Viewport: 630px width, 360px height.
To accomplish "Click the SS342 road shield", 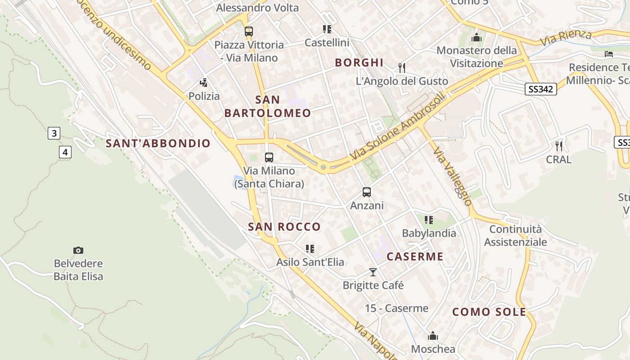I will (540, 89).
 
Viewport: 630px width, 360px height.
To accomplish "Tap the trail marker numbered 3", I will (54, 133).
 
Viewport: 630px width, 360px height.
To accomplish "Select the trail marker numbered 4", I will (65, 152).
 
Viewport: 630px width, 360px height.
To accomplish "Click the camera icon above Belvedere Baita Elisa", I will (78, 250).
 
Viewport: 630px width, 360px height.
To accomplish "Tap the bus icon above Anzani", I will (367, 192).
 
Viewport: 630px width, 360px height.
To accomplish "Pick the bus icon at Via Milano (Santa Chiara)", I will (269, 157).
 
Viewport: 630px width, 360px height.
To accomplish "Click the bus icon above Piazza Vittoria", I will (248, 31).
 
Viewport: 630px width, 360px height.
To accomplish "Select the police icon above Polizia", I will (204, 83).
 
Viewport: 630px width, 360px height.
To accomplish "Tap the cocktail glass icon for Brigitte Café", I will (373, 272).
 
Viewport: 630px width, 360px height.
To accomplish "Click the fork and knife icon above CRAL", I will (559, 146).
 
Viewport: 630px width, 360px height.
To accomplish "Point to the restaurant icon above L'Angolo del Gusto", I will (402, 68).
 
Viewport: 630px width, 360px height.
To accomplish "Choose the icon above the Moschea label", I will (433, 336).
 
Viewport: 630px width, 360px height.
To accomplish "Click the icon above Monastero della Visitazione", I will (477, 37).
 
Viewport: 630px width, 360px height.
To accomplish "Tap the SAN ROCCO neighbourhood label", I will (284, 227).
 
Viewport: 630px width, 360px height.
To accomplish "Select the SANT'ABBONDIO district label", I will (158, 144).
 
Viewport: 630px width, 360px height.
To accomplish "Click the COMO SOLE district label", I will (489, 312).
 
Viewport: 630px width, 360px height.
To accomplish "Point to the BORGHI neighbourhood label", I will (359, 63).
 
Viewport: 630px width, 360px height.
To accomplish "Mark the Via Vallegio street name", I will (452, 175).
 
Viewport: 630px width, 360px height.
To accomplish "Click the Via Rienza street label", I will (566, 37).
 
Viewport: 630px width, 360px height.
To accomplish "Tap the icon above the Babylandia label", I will (429, 220).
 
